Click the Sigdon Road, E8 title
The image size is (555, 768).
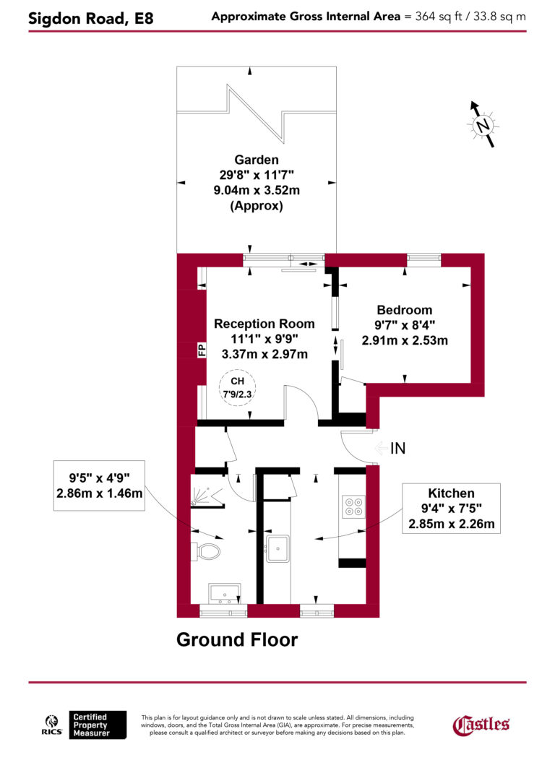tap(90, 18)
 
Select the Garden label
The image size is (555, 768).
tap(256, 160)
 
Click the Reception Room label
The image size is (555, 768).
tap(264, 324)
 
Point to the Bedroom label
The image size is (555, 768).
tap(404, 310)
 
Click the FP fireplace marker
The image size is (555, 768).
tap(202, 350)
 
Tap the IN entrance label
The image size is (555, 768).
tap(397, 448)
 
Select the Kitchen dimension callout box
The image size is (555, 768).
tap(450, 508)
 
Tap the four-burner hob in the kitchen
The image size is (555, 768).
tap(354, 506)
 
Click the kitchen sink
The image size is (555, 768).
tap(277, 548)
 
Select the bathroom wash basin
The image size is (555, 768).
tap(224, 593)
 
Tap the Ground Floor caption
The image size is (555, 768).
tap(236, 639)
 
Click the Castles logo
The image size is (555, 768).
tap(481, 724)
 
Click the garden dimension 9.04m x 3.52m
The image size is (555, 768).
tap(257, 191)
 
